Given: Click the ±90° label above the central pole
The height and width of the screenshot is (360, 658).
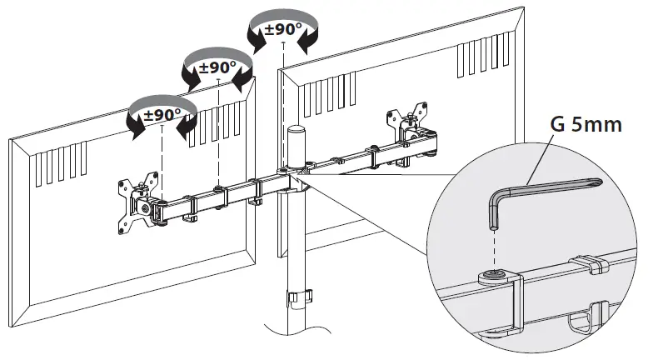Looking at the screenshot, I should [x=283, y=29].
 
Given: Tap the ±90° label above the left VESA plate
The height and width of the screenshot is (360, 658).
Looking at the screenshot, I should [x=162, y=114].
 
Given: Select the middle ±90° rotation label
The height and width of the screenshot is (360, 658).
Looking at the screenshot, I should [x=217, y=66].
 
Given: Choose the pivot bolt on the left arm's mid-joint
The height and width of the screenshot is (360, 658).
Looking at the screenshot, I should [x=218, y=188].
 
